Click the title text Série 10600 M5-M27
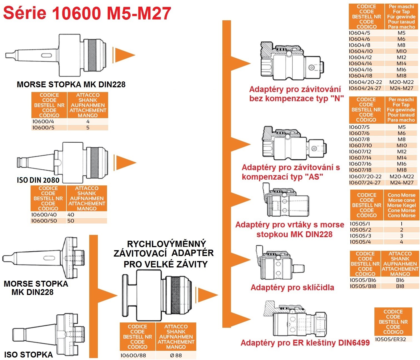coord(87,13)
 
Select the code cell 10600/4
coord(43,121)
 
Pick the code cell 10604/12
coord(360,57)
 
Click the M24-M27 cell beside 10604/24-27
coord(401,88)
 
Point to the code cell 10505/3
coord(360,236)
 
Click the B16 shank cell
coord(400,280)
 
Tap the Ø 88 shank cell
coord(176,355)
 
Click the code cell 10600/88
coord(133,355)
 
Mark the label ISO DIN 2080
coord(38,180)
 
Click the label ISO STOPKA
coord(28,354)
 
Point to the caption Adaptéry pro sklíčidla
coord(292,287)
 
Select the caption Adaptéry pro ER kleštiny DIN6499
coord(305,343)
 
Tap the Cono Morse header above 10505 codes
coord(401,205)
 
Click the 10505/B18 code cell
coord(363,286)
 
